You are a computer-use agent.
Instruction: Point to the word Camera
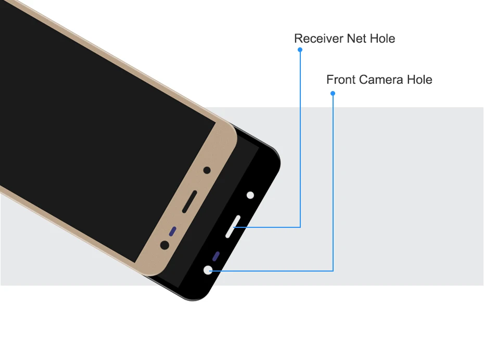(x=379, y=80)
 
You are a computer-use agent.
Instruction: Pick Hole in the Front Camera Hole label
(x=419, y=80)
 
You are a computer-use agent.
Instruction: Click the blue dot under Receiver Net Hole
(x=300, y=50)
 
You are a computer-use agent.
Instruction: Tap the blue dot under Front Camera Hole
(x=333, y=94)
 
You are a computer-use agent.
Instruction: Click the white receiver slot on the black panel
(x=233, y=226)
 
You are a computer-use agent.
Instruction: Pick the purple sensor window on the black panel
(x=216, y=256)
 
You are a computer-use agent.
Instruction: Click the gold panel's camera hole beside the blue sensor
(x=165, y=245)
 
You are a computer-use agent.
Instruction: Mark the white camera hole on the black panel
(x=209, y=270)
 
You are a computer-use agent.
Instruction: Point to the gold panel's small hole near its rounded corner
(x=207, y=170)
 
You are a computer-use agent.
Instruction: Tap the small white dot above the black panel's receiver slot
(x=250, y=196)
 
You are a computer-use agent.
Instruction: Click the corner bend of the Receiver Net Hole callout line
(x=300, y=227)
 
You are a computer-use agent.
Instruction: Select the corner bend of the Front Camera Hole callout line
(x=333, y=271)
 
